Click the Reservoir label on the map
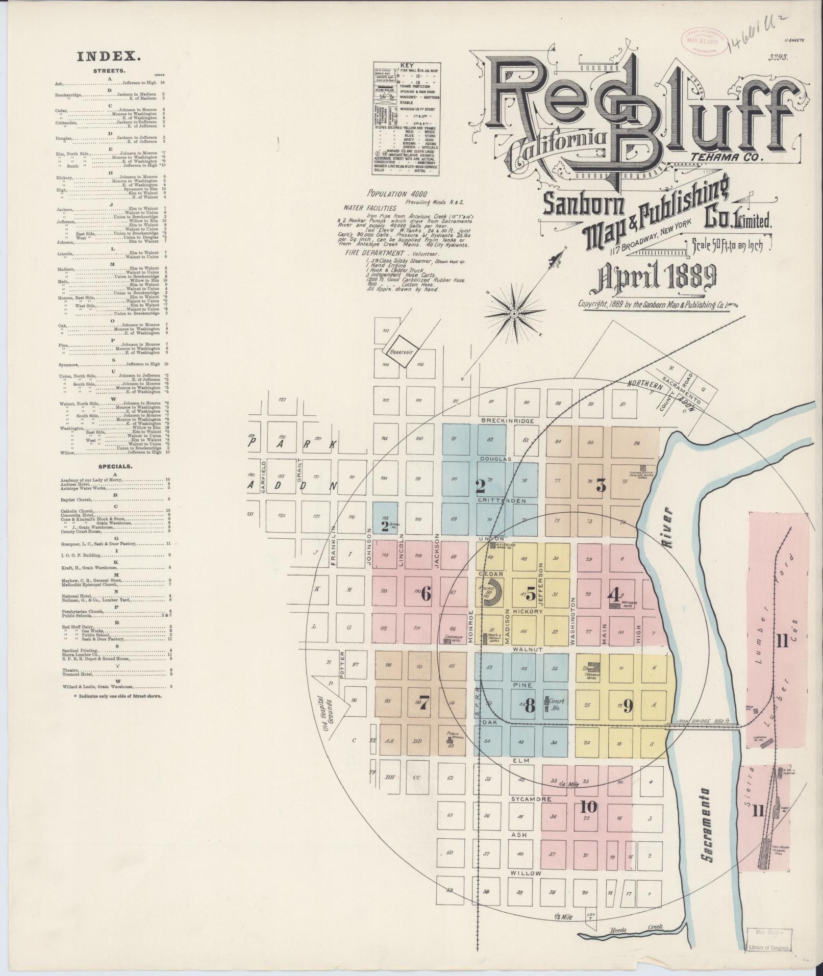(401, 352)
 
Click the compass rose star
(515, 313)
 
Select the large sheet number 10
(588, 806)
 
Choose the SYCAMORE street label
(523, 798)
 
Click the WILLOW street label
(526, 873)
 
